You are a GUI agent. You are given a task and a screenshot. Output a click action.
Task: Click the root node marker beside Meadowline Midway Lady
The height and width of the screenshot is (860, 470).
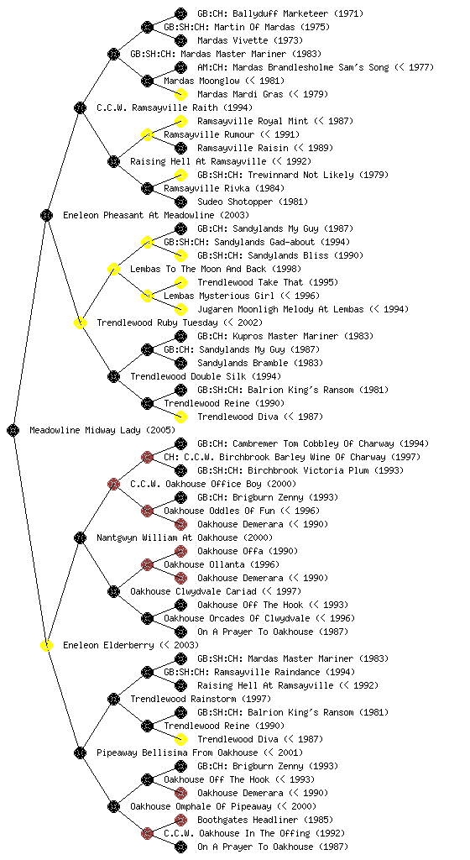(13, 430)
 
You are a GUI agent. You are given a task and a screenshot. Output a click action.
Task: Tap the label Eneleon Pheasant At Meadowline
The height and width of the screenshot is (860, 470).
(138, 215)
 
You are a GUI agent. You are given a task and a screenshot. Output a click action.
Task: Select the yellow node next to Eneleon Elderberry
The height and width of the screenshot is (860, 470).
(46, 645)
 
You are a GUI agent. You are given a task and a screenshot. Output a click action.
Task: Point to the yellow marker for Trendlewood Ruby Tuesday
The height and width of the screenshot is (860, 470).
(80, 322)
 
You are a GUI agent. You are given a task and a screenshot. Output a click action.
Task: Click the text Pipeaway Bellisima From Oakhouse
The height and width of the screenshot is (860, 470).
(177, 752)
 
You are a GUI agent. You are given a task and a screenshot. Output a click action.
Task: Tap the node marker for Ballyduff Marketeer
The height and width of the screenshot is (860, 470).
(180, 13)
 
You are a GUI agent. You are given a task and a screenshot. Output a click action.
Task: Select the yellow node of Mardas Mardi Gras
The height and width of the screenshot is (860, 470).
(180, 94)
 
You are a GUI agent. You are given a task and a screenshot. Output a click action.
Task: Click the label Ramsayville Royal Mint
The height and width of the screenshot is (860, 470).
(253, 121)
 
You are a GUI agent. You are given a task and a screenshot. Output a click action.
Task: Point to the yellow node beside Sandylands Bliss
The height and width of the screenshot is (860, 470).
(180, 255)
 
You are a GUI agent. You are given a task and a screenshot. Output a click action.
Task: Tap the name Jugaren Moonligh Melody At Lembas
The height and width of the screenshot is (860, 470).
(280, 309)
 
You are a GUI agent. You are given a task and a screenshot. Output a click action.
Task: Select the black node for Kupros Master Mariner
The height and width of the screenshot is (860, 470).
(180, 336)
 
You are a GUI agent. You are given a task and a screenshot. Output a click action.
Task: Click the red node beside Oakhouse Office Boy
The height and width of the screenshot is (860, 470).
(113, 484)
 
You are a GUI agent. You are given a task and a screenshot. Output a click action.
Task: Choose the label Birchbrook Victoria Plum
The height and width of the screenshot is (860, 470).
(311, 470)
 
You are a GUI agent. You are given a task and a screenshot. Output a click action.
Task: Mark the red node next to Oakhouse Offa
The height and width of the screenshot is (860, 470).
(180, 551)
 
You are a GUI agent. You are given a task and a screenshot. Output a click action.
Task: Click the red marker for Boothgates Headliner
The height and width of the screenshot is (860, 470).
(180, 820)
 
